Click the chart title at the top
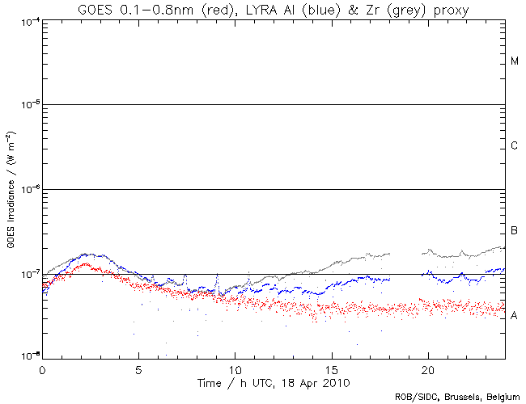[273, 9]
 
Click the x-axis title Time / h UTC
[274, 380]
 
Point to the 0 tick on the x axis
[42, 368]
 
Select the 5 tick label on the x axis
[138, 368]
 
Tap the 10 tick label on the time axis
[235, 368]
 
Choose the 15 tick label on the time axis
[331, 368]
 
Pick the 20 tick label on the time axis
[427, 368]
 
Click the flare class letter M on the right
[515, 61]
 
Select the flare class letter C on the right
[515, 146]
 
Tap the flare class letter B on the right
[515, 232]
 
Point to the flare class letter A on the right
[515, 316]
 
